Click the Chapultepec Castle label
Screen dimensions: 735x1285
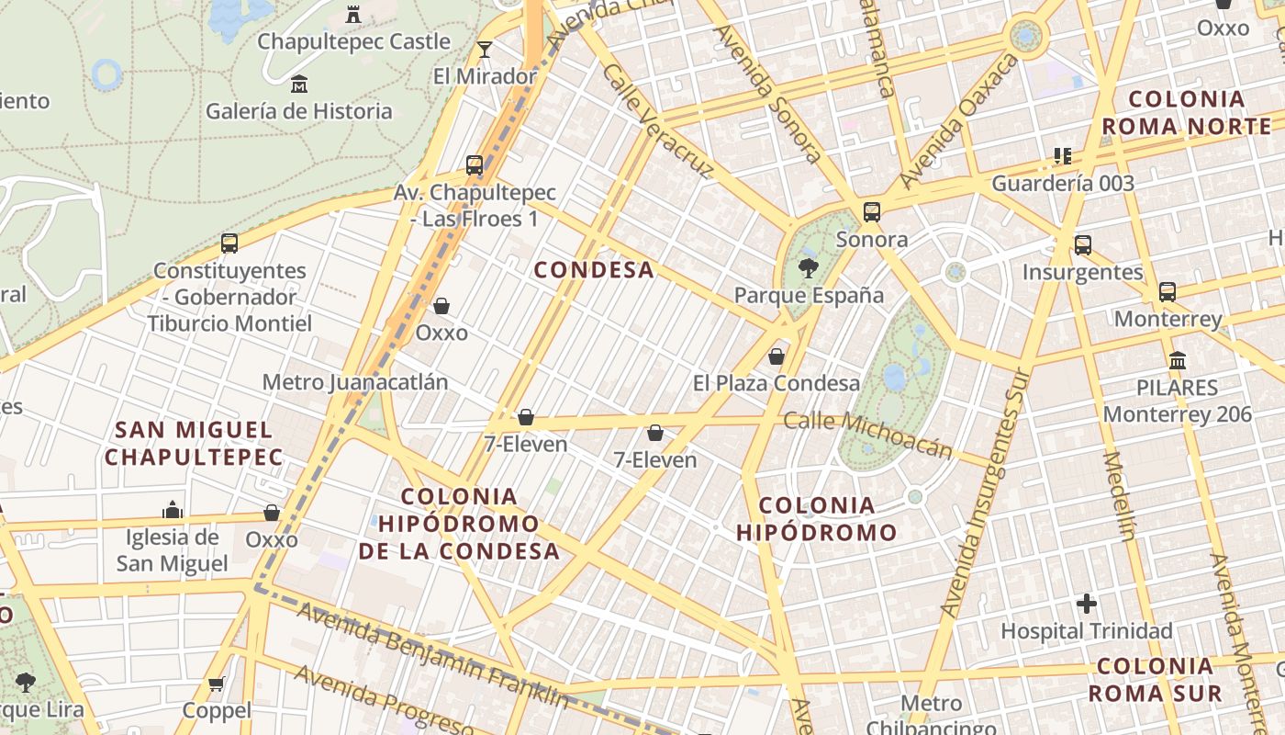353,41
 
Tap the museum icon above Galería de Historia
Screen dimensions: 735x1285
298,85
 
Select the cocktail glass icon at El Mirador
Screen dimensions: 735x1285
485,50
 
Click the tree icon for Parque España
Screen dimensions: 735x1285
808,268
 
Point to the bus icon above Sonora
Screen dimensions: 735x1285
872,212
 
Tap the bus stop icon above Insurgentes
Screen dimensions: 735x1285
1083,244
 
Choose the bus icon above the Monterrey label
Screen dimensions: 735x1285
1167,292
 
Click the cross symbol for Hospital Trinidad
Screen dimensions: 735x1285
1087,604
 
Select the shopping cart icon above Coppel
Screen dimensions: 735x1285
217,684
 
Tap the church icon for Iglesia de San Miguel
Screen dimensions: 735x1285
172,510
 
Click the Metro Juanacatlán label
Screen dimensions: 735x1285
355,381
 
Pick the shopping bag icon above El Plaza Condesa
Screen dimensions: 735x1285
777,356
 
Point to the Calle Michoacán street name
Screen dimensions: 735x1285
868,434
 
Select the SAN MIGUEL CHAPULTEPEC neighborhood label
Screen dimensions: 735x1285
194,443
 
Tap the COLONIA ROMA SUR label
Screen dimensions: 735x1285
1155,680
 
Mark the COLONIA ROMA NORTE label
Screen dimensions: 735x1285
1186,112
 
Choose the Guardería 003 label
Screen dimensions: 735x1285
1063,183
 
